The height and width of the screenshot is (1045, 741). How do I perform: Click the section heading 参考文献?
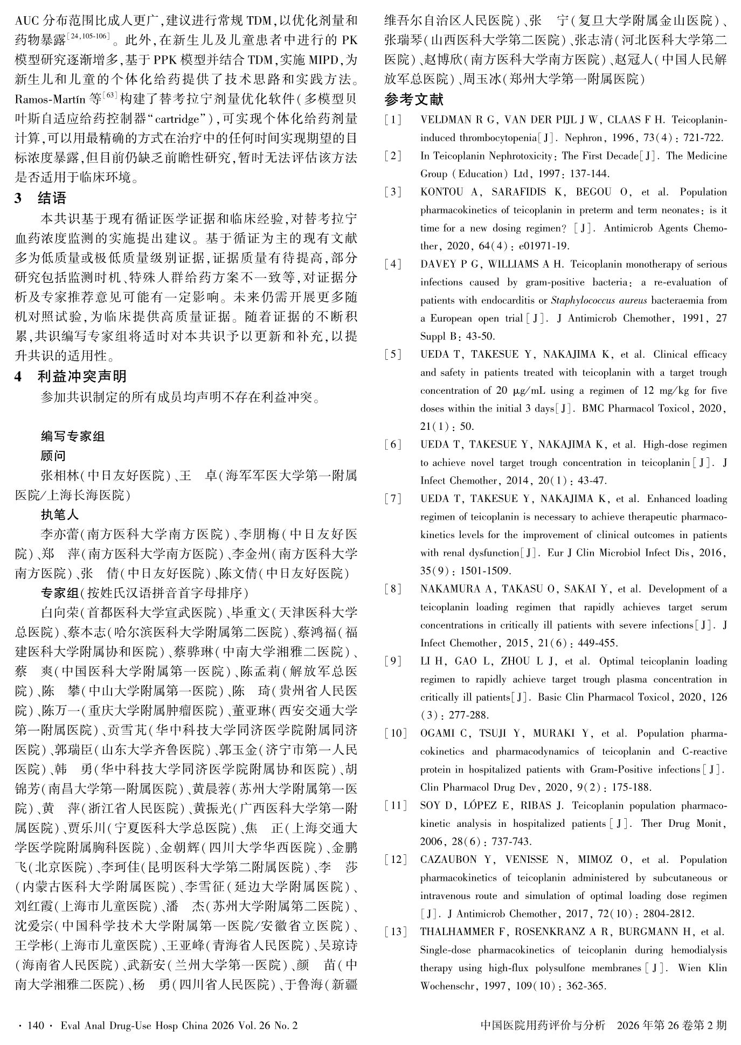point(414,100)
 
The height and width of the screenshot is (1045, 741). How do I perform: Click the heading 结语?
point(52,198)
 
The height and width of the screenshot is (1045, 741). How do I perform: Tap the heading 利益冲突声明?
point(82,377)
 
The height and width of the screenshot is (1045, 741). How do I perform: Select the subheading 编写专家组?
point(73,436)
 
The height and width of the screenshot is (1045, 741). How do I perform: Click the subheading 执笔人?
point(60,515)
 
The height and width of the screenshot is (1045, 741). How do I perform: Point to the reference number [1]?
point(393,120)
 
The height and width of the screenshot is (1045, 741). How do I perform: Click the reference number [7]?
point(393,499)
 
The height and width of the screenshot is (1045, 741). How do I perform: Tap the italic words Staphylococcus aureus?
point(596,300)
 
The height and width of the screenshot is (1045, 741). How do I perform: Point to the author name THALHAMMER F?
point(454,932)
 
